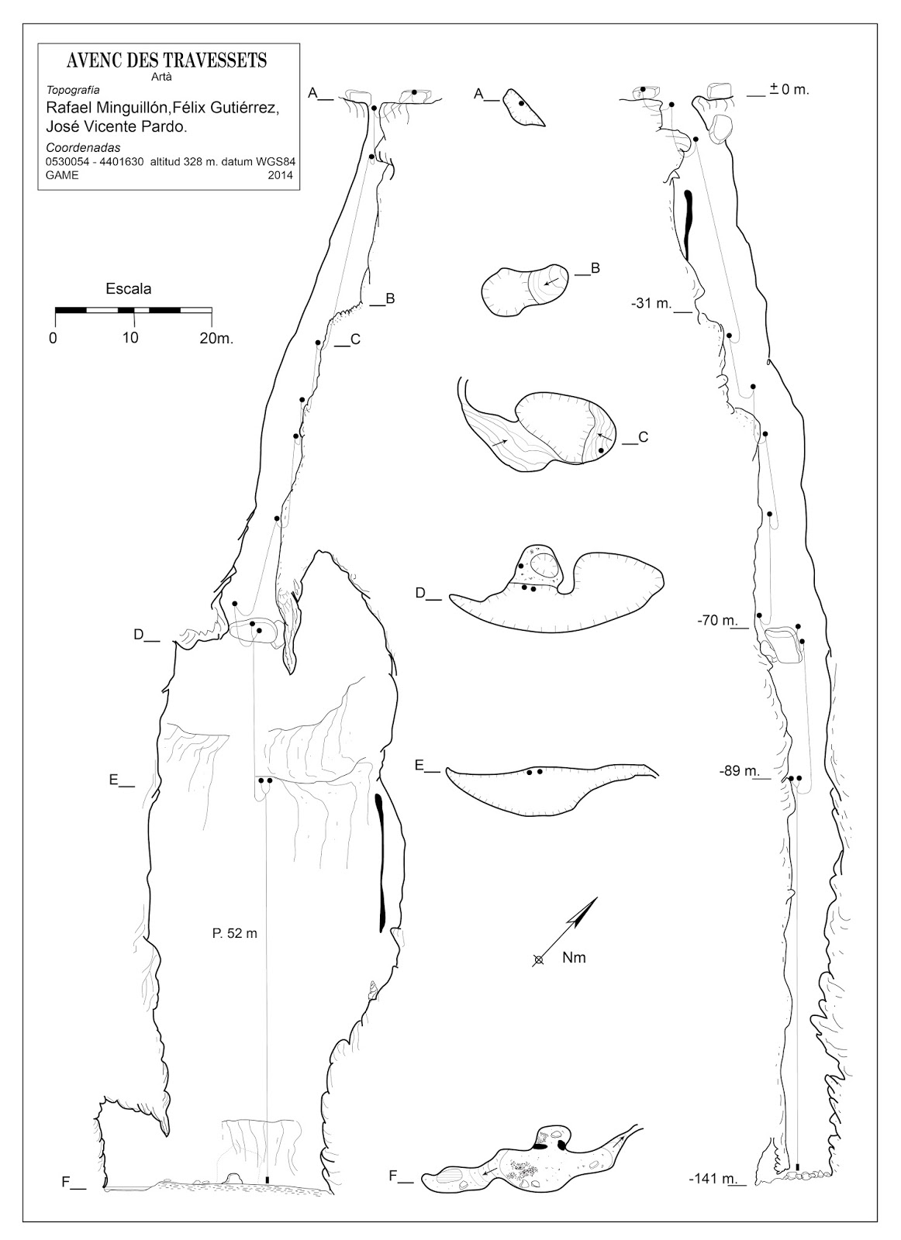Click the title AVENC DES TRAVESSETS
point(167,60)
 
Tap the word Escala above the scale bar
point(129,288)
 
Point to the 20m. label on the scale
point(216,338)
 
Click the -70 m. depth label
point(717,621)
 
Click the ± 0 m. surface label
point(789,89)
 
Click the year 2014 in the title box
point(280,175)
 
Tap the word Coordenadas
point(84,148)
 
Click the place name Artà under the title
point(161,77)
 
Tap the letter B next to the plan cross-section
point(595,268)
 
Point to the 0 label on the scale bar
point(54,338)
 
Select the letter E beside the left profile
point(113,780)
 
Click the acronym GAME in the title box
point(63,175)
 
